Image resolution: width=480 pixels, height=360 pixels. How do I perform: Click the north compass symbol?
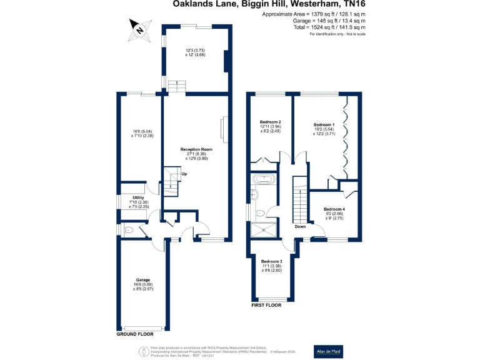pyautogui.click(x=139, y=28)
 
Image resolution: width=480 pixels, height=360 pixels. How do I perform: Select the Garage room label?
pyautogui.click(x=143, y=279)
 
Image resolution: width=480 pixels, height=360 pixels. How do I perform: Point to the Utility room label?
pyautogui.click(x=138, y=197)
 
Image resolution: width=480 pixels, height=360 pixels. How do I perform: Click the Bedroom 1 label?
pyautogui.click(x=324, y=125)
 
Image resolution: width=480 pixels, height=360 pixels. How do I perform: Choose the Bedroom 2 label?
pyautogui.click(x=271, y=121)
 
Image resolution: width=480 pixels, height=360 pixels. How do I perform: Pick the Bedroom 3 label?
pyautogui.click(x=271, y=261)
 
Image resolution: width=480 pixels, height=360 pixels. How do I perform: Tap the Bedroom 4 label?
pyautogui.click(x=334, y=209)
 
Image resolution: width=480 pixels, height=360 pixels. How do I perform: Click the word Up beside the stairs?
pyautogui.click(x=184, y=174)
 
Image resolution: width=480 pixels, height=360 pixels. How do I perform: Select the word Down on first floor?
pyautogui.click(x=300, y=227)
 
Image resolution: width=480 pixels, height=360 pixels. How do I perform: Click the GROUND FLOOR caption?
pyautogui.click(x=135, y=334)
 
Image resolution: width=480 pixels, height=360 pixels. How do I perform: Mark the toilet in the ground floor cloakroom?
pyautogui.click(x=128, y=231)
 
